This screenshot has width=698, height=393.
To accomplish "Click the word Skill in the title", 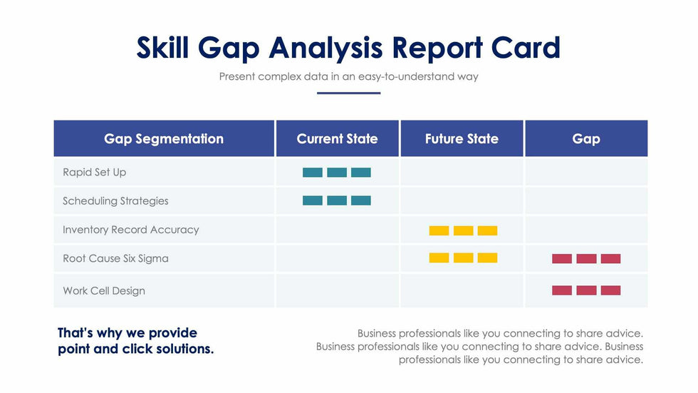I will (163, 48).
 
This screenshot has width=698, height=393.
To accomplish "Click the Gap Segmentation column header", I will (164, 138).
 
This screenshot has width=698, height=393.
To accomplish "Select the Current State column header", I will (337, 138).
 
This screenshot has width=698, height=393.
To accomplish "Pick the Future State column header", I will (462, 138).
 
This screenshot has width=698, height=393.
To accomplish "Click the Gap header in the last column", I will (586, 138).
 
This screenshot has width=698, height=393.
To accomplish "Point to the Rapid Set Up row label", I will (94, 172).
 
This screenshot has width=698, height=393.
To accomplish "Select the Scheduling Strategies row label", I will (115, 200).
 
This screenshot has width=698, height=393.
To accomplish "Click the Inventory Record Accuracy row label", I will (130, 230).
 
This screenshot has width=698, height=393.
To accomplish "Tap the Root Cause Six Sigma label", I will (115, 258).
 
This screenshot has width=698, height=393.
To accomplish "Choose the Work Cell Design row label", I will (104, 291).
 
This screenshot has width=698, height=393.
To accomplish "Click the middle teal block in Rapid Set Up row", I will (337, 172).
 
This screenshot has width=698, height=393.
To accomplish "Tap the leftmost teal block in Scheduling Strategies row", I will (313, 200).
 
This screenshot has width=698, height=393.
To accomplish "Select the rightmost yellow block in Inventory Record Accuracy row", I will (487, 230).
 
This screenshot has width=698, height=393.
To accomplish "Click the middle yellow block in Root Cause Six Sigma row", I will (463, 257).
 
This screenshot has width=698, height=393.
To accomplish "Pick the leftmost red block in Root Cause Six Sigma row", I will (562, 258).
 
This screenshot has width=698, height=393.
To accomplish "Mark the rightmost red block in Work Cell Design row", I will (610, 290).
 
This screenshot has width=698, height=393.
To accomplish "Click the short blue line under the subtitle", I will (348, 93).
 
